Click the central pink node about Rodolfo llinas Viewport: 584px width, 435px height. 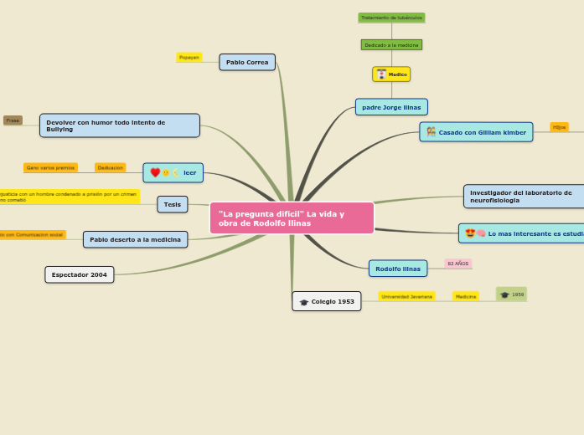[x=292, y=218]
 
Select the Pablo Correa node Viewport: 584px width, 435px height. [x=247, y=62]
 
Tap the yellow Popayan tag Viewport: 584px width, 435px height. [x=189, y=58]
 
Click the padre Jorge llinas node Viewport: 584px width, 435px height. [x=391, y=107]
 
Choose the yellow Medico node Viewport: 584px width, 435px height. [x=391, y=74]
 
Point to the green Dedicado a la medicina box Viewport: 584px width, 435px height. [x=391, y=45]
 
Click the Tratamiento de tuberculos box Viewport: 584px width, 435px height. [x=391, y=18]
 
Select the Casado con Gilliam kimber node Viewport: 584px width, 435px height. [x=476, y=132]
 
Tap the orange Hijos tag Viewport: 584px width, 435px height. [x=559, y=127]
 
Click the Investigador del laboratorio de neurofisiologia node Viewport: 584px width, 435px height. [x=524, y=197]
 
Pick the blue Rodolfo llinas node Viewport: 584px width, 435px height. [x=398, y=269]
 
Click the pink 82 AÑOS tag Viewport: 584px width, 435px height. [x=458, y=264]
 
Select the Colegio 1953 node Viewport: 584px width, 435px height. [x=327, y=301]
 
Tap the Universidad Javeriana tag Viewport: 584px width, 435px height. [x=406, y=296]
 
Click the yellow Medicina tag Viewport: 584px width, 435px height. [x=465, y=296]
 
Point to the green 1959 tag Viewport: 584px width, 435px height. [x=511, y=294]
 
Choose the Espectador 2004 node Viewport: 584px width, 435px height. [x=80, y=274]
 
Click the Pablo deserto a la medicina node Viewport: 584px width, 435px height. [x=135, y=240]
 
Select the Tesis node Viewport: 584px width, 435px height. [x=173, y=204]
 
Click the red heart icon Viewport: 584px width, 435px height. [x=155, y=173]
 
